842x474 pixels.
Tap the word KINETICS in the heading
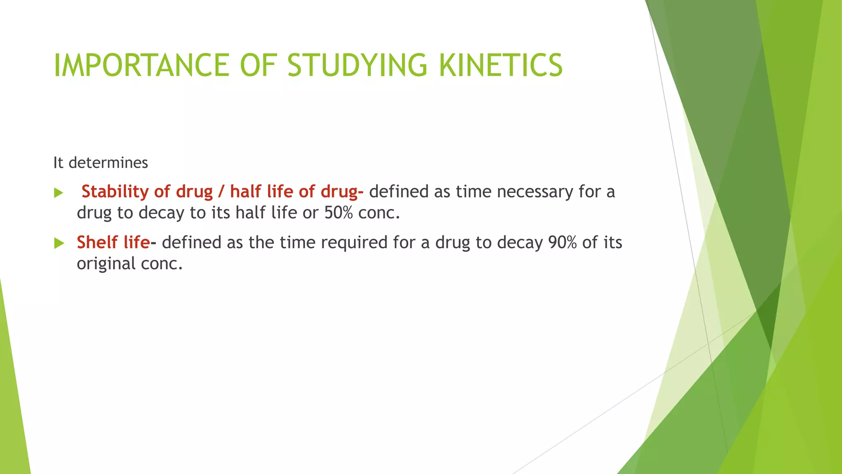[x=500, y=65]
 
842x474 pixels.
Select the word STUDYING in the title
[x=357, y=65]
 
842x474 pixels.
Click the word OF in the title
[x=257, y=65]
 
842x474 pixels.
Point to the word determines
[x=108, y=163]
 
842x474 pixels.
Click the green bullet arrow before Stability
[x=58, y=193]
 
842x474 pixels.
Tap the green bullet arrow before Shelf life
[x=59, y=243]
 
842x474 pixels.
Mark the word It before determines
[x=58, y=163]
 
